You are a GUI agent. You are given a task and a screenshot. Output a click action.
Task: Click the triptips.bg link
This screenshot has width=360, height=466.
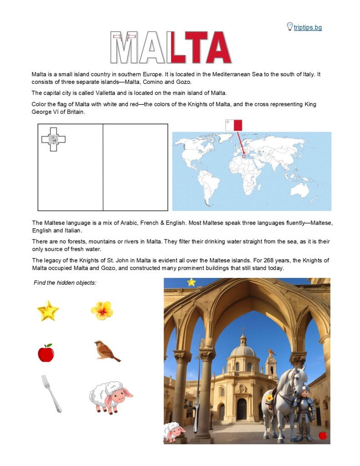click(308, 28)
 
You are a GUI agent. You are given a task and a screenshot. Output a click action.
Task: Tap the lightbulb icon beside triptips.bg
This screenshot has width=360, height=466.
click(289, 26)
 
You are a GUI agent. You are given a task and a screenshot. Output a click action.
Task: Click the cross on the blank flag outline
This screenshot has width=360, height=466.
click(53, 139)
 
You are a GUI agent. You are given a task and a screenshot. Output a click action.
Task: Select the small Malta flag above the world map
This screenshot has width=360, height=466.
click(233, 125)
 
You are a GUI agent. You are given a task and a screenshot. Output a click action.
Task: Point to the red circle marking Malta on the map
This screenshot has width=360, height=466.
click(243, 156)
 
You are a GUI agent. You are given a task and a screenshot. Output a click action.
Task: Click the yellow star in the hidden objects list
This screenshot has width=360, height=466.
click(48, 311)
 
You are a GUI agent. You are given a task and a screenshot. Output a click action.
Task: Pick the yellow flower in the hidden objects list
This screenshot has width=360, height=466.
click(102, 310)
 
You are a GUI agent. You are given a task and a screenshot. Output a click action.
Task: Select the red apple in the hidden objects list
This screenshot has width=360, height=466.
click(46, 353)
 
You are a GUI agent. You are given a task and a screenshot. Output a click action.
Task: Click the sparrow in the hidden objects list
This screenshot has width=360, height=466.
click(106, 350)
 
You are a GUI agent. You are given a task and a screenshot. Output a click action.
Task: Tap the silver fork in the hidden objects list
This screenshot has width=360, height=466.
click(51, 393)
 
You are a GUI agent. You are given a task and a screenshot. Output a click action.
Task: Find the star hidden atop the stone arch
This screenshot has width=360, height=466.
click(191, 282)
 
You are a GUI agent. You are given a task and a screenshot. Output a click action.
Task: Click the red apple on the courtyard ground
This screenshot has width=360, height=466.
click(323, 435)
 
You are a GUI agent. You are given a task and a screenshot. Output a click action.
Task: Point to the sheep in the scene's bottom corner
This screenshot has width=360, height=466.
click(173, 432)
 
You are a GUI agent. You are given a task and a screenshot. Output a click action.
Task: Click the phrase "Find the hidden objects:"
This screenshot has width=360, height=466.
click(65, 283)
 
